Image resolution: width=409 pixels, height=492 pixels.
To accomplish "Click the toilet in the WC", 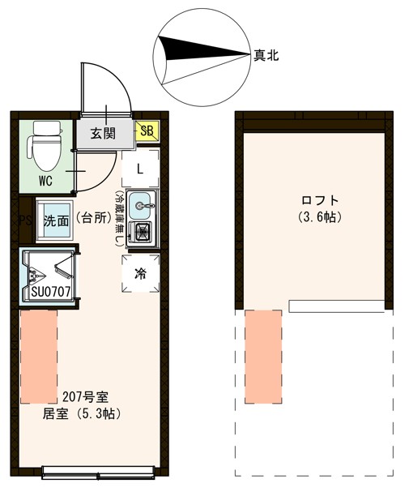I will tap(44, 146).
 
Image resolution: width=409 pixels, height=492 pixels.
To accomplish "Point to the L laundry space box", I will tap(140, 169).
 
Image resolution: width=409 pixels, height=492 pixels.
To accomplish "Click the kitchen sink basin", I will tap(142, 203).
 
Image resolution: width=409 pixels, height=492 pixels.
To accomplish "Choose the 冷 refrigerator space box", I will tap(140, 273).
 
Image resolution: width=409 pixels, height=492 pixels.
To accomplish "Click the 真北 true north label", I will tap(266, 55).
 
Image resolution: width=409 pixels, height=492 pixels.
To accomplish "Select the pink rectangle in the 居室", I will tap(39, 356).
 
